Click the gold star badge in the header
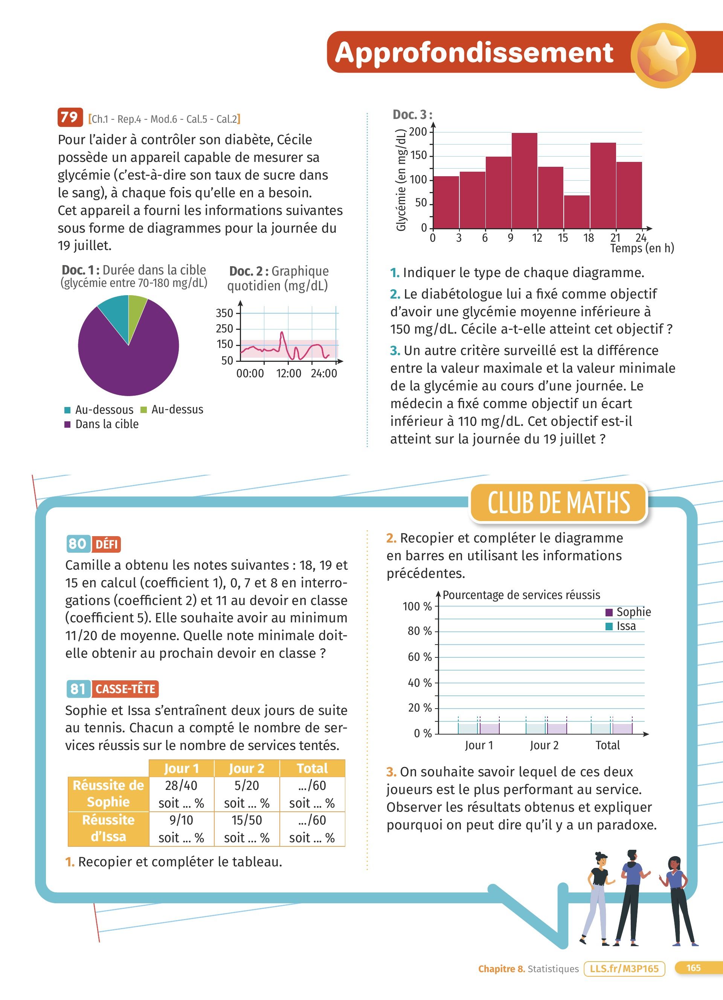pyautogui.click(x=663, y=56)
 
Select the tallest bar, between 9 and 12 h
pyautogui.click(x=524, y=180)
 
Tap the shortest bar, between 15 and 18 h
pyautogui.click(x=577, y=212)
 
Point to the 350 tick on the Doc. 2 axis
pyautogui.click(x=224, y=313)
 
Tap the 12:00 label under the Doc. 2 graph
pyautogui.click(x=289, y=373)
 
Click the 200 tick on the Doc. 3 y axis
pyautogui.click(x=418, y=132)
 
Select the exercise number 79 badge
pyautogui.click(x=70, y=117)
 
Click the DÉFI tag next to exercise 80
pyautogui.click(x=106, y=544)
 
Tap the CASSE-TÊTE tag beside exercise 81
pyautogui.click(x=125, y=689)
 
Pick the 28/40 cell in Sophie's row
pyautogui.click(x=181, y=785)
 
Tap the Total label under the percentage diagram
pyautogui.click(x=607, y=745)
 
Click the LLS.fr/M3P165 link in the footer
pyautogui.click(x=624, y=969)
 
